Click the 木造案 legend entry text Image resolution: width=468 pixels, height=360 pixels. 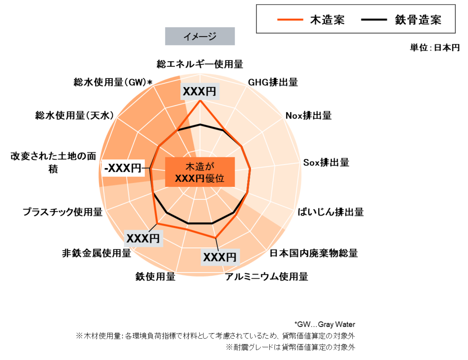(x=327, y=20)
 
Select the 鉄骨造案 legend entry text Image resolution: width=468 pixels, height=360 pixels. (x=418, y=20)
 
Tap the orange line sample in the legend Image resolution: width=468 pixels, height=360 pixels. (x=290, y=19)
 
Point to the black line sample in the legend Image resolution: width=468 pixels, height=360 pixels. (x=374, y=19)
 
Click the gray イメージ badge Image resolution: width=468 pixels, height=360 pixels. (x=200, y=36)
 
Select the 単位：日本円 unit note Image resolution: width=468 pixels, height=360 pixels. (x=435, y=48)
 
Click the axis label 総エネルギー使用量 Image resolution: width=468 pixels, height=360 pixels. (x=200, y=64)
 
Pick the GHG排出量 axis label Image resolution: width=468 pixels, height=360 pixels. (x=273, y=82)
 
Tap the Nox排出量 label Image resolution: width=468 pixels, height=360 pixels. (x=309, y=116)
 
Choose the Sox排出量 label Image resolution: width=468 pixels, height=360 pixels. (x=326, y=162)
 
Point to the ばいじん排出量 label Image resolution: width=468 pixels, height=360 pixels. (x=331, y=212)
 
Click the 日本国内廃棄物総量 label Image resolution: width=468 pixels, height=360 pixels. (x=314, y=253)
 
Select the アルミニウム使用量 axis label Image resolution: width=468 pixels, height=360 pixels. (x=267, y=276)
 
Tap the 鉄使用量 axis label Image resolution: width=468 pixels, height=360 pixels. (x=155, y=276)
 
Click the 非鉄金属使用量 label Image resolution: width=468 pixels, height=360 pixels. (x=96, y=253)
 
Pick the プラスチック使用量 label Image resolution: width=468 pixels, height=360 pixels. (x=63, y=212)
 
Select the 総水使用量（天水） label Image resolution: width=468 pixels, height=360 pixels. (x=75, y=116)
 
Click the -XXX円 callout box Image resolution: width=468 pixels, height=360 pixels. (x=123, y=168)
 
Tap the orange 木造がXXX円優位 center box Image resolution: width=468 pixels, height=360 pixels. (x=200, y=172)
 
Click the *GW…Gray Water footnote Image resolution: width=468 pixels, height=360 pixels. (x=325, y=324)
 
